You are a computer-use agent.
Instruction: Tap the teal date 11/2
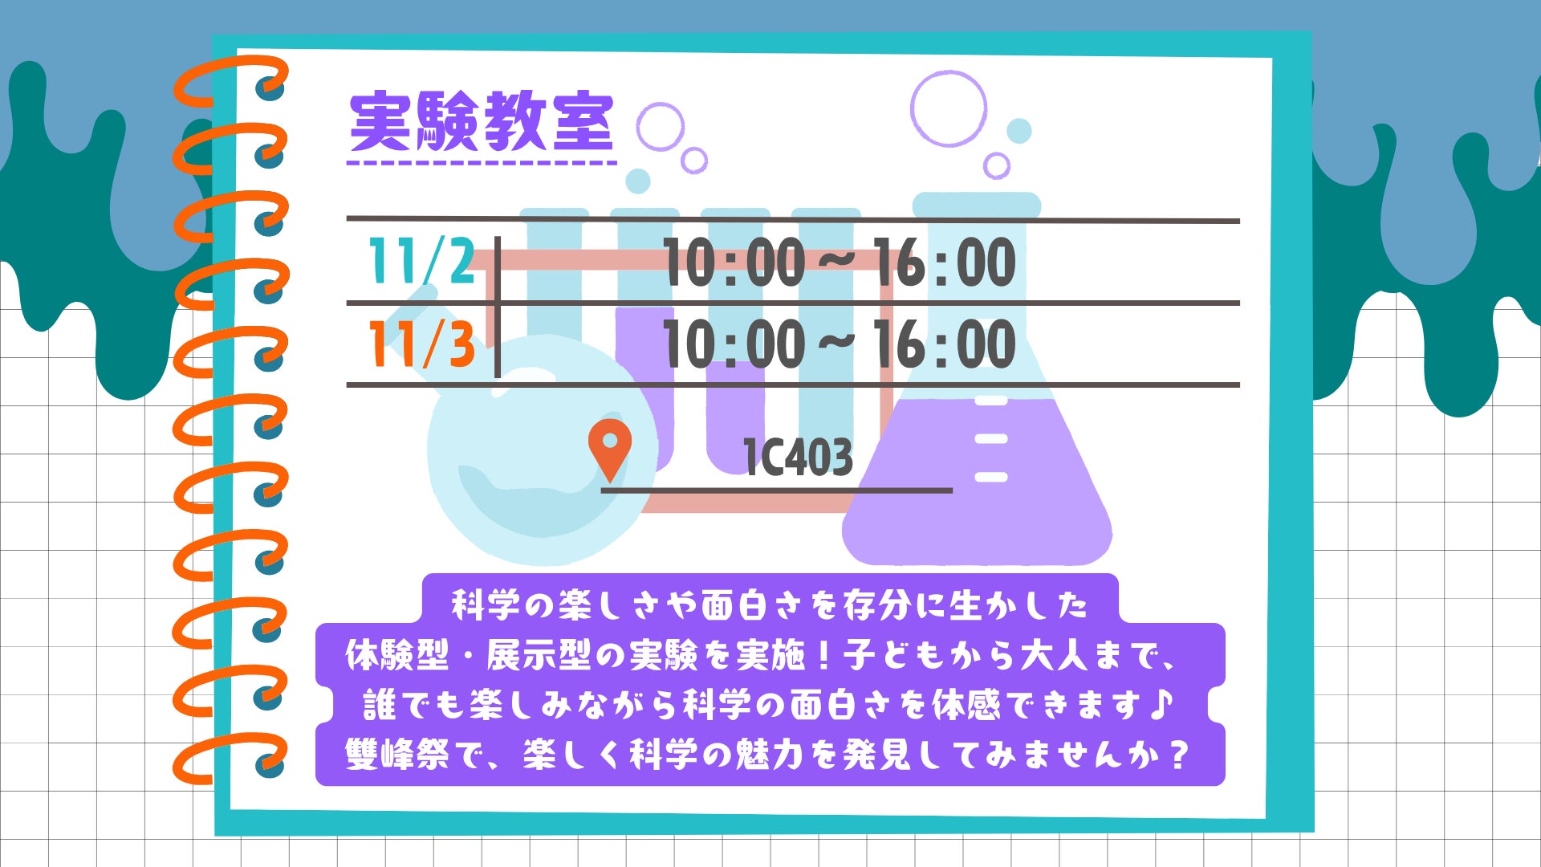tap(421, 261)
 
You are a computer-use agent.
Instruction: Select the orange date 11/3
tap(421, 344)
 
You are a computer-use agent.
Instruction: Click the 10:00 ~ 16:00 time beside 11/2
tap(840, 263)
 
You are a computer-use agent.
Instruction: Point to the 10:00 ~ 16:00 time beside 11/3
tap(840, 344)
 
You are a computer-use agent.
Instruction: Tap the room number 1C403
tap(798, 458)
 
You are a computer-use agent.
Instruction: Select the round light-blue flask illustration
tap(530, 450)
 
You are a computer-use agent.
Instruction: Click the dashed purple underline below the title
tap(482, 163)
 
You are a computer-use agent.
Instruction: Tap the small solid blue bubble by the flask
tap(1019, 131)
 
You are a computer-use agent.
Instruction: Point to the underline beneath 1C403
tap(777, 490)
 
